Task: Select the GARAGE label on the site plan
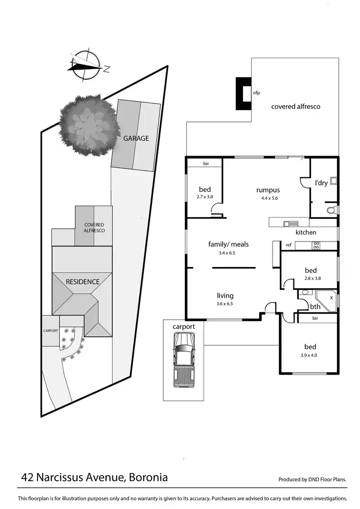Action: pyautogui.click(x=136, y=138)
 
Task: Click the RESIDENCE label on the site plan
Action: pyautogui.click(x=83, y=281)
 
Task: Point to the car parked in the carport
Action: pyautogui.click(x=184, y=361)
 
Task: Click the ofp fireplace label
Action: pyautogui.click(x=256, y=93)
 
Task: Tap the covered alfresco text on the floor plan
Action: pyautogui.click(x=296, y=106)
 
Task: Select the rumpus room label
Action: pyautogui.click(x=268, y=190)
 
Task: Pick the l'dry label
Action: pyautogui.click(x=321, y=183)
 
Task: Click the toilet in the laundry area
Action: pyautogui.click(x=331, y=210)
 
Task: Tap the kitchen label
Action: pyautogui.click(x=306, y=232)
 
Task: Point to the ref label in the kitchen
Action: pyautogui.click(x=288, y=245)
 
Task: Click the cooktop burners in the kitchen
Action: pyautogui.click(x=316, y=245)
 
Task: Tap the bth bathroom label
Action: pyautogui.click(x=315, y=306)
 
